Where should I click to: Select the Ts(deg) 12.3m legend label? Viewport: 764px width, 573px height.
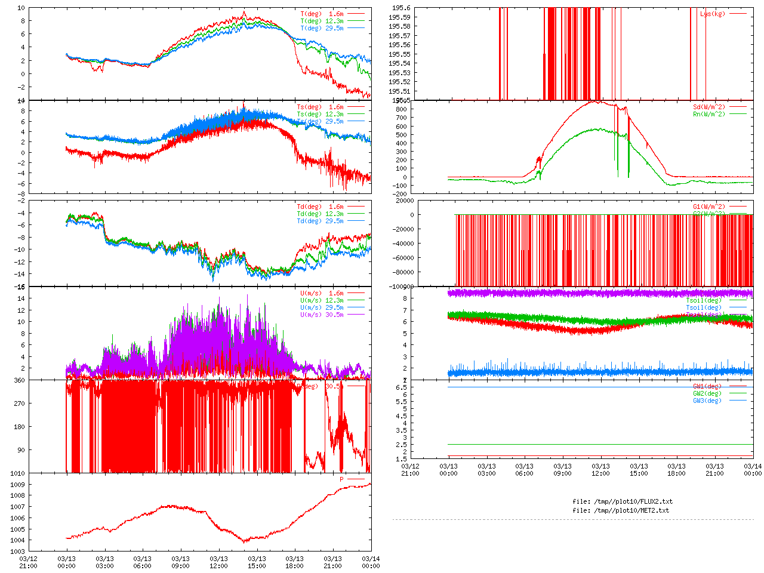320,114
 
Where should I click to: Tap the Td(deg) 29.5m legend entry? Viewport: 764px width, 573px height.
320,221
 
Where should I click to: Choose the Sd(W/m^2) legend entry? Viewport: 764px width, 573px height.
708,107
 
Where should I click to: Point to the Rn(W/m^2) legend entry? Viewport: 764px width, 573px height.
708,114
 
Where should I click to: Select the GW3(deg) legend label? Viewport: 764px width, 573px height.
707,401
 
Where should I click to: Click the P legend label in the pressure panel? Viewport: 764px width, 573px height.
342,479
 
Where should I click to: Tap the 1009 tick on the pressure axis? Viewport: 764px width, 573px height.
17,485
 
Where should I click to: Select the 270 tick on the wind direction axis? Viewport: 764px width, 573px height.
19,403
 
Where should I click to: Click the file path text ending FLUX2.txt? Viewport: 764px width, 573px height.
623,501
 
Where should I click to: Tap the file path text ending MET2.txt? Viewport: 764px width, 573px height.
621,510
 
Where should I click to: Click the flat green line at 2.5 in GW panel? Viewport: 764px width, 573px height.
597,444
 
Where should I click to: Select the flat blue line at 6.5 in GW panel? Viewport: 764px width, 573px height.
597,387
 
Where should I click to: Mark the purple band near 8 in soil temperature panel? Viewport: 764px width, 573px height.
597,293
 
